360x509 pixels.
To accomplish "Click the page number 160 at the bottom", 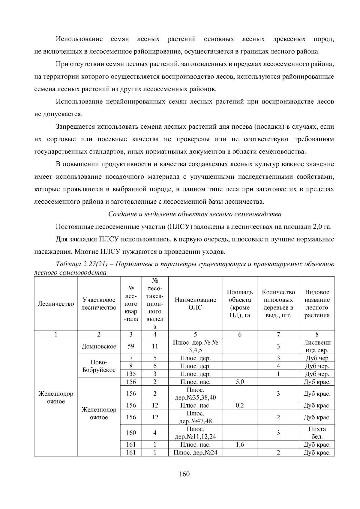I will [x=184, y=474].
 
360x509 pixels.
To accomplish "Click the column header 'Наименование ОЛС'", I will [x=195, y=304].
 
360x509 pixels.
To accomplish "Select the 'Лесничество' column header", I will [x=56, y=304].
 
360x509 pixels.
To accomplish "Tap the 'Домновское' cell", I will [x=99, y=346].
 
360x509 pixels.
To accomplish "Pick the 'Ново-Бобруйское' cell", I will [x=99, y=366].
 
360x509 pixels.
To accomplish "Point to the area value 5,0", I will [x=240, y=382].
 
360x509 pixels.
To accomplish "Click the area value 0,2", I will [x=240, y=406].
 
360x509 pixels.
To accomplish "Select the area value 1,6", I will [x=240, y=445].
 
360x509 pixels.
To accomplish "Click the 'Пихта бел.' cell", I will [x=317, y=433].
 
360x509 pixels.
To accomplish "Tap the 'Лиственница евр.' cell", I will [x=317, y=346].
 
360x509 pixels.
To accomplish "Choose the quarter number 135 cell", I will [x=131, y=374].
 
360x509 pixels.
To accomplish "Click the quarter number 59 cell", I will [x=131, y=346].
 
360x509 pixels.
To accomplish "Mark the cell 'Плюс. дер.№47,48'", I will [x=195, y=417].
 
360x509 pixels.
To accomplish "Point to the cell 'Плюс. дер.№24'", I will [x=195, y=452].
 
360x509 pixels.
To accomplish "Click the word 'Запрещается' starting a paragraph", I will [x=75, y=127].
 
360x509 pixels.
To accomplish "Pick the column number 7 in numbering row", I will [x=278, y=334].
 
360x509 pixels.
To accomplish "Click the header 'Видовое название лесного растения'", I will [x=317, y=304].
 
